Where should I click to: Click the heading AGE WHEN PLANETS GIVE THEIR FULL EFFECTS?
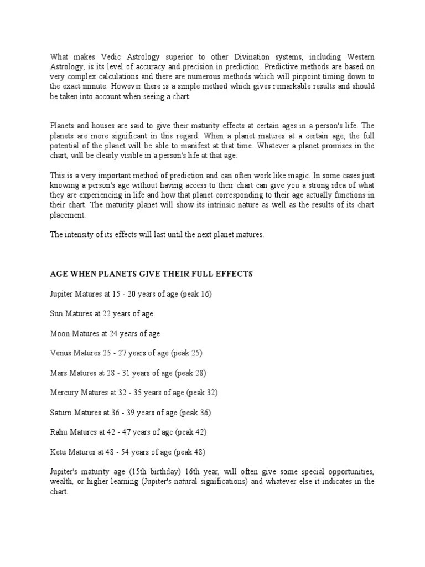coord(151,274)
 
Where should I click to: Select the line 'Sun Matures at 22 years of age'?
coord(101,314)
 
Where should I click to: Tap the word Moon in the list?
coord(59,334)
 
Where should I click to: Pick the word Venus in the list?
coord(61,353)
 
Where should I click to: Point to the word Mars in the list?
coord(58,373)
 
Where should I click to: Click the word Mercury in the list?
coord(64,393)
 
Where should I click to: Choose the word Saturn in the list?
coord(61,413)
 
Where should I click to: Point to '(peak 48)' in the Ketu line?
coord(191,452)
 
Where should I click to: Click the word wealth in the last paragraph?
coord(61,482)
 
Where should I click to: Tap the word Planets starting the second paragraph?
coord(63,126)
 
